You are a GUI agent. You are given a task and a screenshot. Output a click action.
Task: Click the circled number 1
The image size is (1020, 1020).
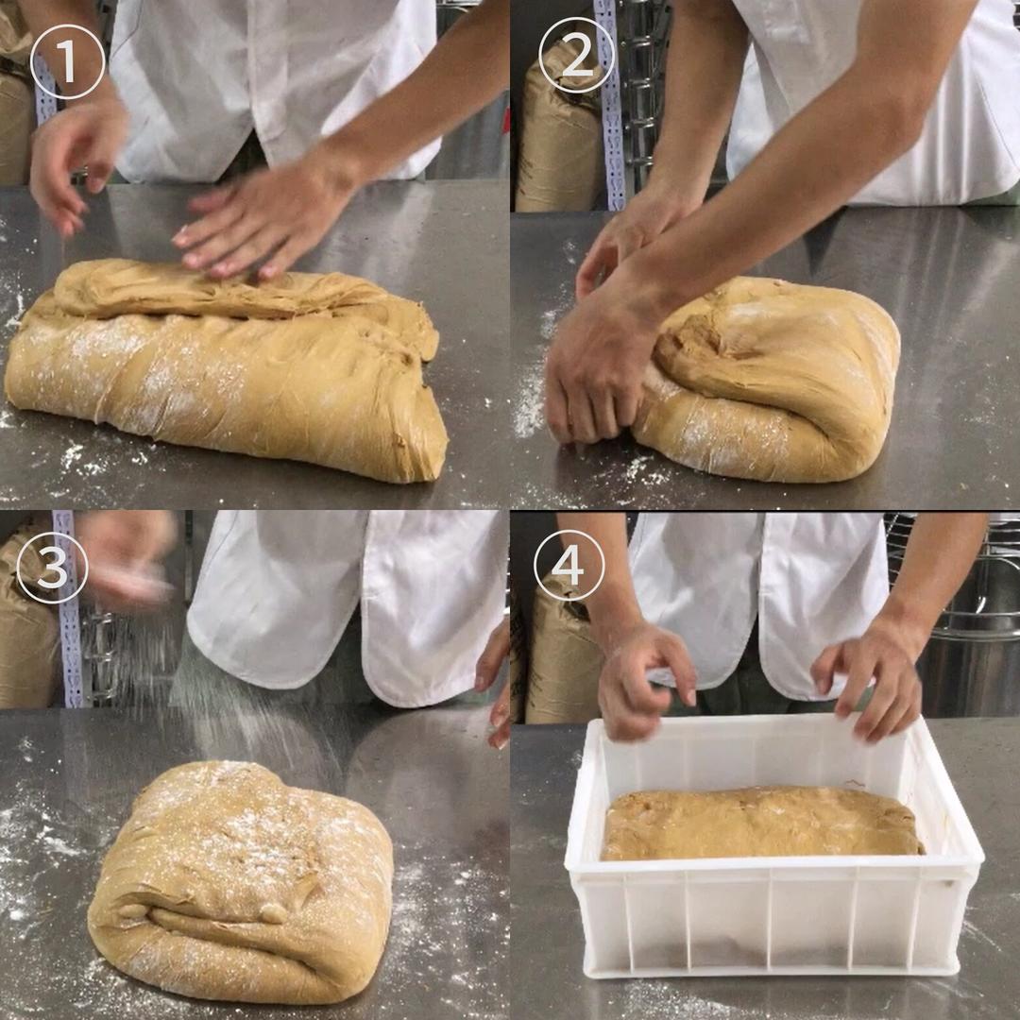(x=68, y=61)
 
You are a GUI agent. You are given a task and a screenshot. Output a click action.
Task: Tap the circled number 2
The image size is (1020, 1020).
(x=576, y=55)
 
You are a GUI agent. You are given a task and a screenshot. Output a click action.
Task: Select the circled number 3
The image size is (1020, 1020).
(x=52, y=567)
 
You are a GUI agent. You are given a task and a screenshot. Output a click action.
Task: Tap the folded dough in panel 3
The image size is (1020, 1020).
(x=241, y=881)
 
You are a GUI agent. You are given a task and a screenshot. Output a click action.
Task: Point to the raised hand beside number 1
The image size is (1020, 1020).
(x=75, y=166)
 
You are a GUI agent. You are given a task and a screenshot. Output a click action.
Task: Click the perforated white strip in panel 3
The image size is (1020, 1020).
(x=69, y=608)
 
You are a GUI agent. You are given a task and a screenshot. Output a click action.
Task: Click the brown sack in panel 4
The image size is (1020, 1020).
(x=559, y=657)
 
